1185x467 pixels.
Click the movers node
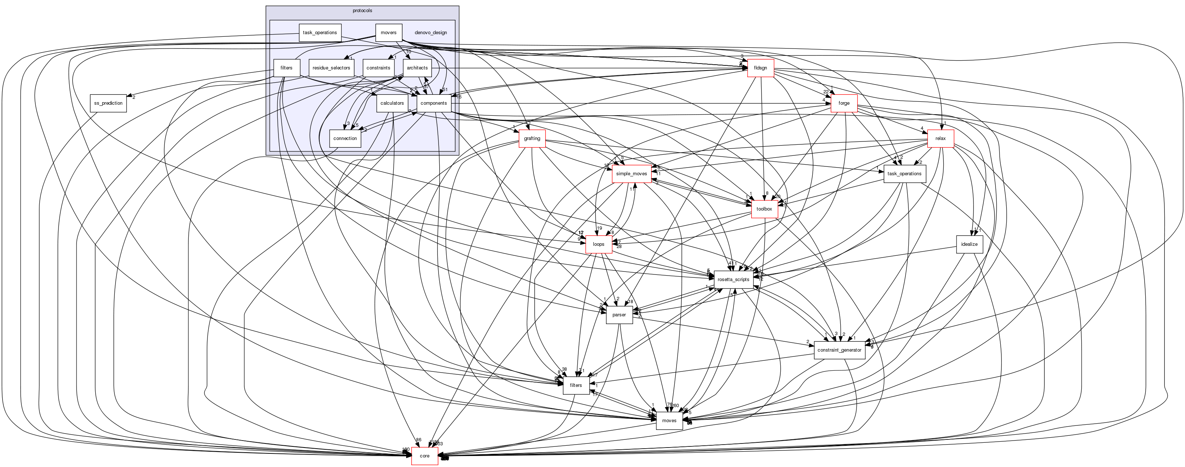[388, 33]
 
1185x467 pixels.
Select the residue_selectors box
[331, 68]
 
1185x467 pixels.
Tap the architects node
[417, 68]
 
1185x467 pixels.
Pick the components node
[433, 103]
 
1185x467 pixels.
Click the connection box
[345, 139]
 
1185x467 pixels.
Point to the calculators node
[392, 103]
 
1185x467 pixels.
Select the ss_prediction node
[108, 103]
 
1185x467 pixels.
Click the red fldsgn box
[760, 68]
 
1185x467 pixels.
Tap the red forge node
[844, 103]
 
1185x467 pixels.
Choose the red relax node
[940, 139]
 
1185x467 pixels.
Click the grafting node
[532, 139]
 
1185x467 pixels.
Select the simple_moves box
[632, 174]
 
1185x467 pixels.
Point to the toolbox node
[764, 209]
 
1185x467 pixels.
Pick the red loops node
[599, 244]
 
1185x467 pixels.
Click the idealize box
[969, 244]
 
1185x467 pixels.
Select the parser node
[619, 315]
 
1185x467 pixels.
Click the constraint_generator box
[840, 350]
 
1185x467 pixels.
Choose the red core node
[424, 456]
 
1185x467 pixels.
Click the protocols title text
[362, 11]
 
